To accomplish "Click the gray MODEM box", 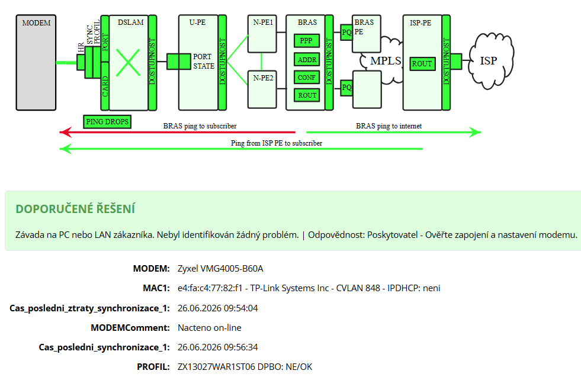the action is point(36,63).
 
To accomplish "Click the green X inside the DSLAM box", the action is point(128,63).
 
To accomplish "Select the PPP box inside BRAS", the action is point(307,40).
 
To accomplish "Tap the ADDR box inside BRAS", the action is point(307,59).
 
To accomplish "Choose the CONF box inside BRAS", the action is point(307,78).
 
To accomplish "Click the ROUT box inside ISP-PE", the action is point(422,64).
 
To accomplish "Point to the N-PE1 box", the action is point(262,34).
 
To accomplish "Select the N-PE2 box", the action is point(262,89).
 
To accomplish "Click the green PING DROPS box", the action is point(107,121).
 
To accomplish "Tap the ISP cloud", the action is point(491,61).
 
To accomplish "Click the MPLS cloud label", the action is point(386,61).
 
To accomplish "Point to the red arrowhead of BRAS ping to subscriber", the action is point(66,132).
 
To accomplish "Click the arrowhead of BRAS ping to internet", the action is point(475,132).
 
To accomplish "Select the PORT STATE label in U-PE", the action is point(203,62).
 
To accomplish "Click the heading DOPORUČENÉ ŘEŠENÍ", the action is point(75,209).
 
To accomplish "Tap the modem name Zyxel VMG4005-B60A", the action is point(220,269).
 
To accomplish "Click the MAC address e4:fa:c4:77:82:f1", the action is point(210,288).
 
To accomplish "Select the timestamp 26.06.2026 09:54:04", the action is point(217,308).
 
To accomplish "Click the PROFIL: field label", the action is point(153,366).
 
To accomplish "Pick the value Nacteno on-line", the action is point(209,328).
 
